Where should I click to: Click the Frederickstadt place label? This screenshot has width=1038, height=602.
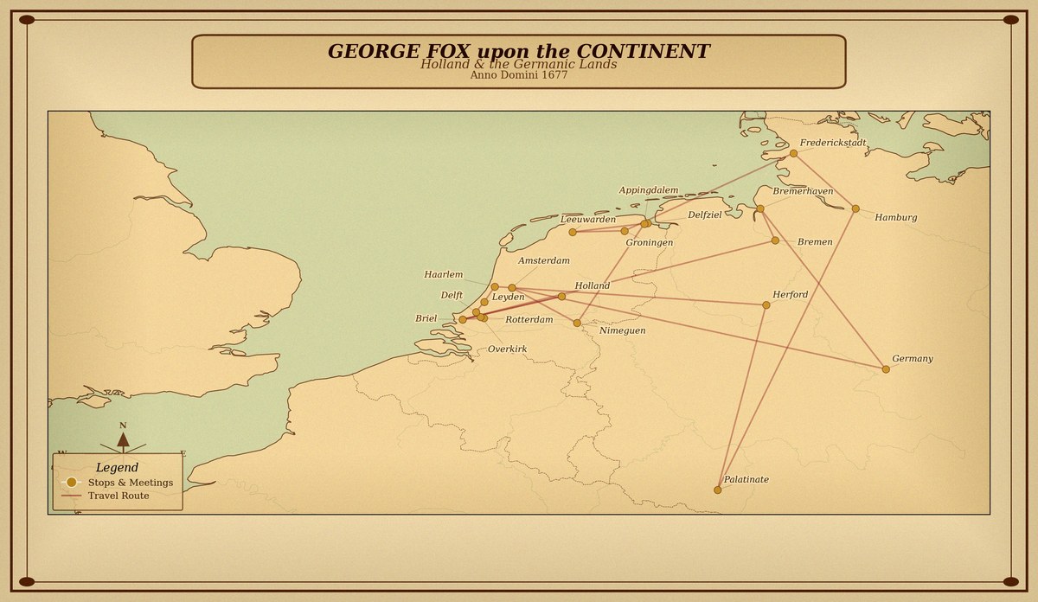(x=833, y=144)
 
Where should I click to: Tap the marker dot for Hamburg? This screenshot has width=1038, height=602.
(x=855, y=208)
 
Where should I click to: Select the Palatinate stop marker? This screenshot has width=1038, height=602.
(x=717, y=490)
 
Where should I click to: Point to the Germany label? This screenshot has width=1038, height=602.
(x=913, y=359)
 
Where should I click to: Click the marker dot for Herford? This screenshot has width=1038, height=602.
(x=766, y=304)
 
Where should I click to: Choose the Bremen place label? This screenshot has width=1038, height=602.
(x=815, y=242)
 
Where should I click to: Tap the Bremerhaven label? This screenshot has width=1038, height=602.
(x=803, y=191)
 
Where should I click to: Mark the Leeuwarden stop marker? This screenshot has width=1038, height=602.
(x=573, y=232)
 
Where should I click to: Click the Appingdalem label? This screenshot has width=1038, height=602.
(x=649, y=190)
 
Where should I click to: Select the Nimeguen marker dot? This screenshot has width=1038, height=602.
(x=577, y=323)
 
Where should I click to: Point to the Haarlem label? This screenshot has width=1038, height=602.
(x=443, y=275)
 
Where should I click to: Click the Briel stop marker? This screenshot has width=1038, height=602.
(x=462, y=319)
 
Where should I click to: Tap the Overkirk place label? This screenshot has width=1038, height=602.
(x=507, y=349)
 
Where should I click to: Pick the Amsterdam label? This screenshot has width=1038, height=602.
(x=543, y=261)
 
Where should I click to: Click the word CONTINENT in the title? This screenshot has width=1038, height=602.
(x=642, y=52)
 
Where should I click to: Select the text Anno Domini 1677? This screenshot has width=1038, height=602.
(x=518, y=75)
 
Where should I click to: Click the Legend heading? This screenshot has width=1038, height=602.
(x=117, y=468)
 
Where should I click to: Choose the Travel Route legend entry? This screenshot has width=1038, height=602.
(x=118, y=496)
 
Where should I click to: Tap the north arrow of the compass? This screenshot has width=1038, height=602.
(x=123, y=439)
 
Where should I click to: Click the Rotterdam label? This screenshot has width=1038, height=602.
(x=529, y=320)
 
